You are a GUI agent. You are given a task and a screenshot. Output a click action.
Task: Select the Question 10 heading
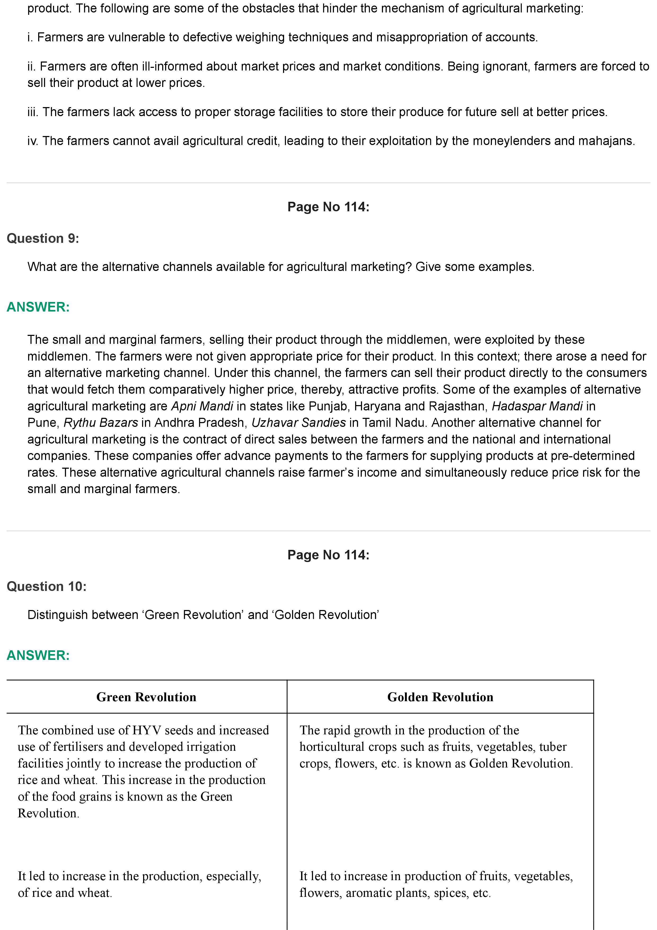[47, 586]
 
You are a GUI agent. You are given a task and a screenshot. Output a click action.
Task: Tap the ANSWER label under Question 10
[38, 655]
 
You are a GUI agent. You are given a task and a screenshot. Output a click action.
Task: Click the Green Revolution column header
[146, 697]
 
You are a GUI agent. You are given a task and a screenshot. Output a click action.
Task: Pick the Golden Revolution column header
[440, 697]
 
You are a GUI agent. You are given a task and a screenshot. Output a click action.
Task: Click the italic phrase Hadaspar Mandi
[537, 406]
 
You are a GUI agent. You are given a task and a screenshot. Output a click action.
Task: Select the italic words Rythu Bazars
[101, 423]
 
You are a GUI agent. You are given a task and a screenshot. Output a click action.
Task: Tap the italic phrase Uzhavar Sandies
[299, 423]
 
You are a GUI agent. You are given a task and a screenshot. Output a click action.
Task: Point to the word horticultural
[332, 747]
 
